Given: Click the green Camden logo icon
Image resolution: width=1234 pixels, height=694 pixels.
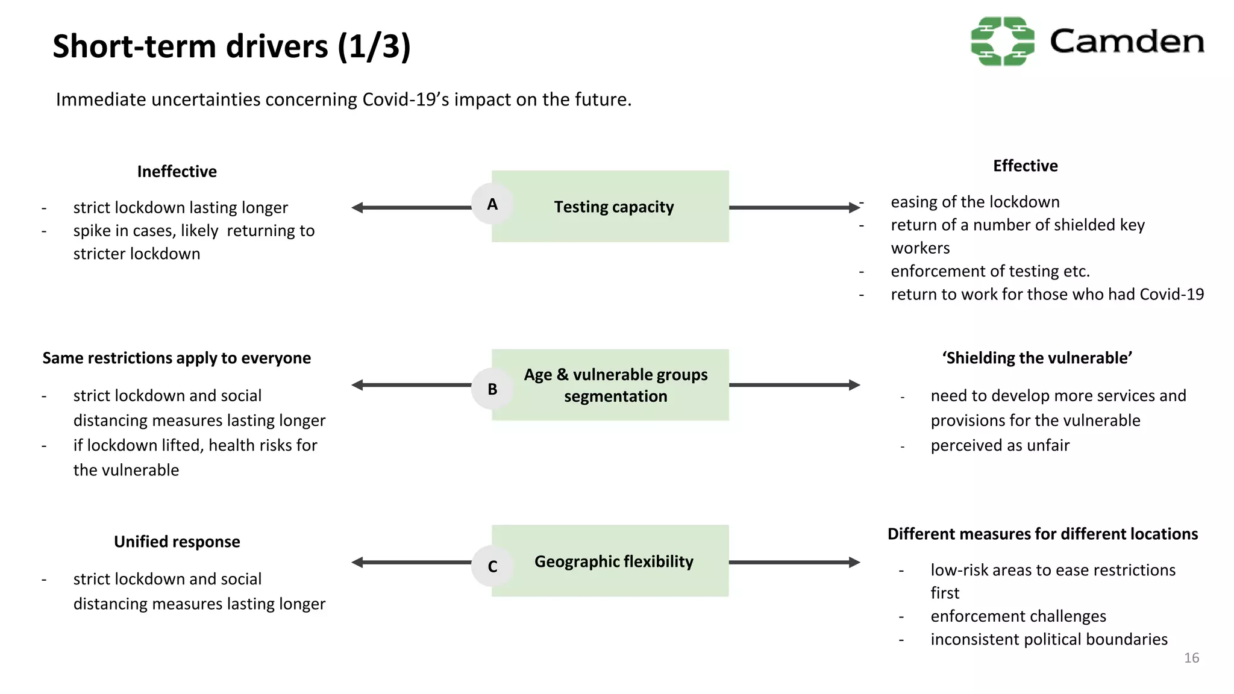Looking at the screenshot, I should pos(1003,41).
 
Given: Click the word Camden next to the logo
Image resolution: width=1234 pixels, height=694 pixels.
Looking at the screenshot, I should pos(1126,42).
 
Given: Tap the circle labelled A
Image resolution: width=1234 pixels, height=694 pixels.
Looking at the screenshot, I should pos(492,204).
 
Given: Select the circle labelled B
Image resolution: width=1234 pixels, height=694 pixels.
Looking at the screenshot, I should pos(492,389).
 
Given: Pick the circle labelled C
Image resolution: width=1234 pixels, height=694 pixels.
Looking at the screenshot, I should pos(492,566).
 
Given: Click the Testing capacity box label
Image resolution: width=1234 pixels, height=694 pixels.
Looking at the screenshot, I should pos(613,207).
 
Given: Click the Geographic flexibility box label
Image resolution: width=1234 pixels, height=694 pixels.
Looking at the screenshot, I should pos(613,561).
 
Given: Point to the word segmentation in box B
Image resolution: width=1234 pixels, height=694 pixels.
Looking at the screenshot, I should pos(615,396).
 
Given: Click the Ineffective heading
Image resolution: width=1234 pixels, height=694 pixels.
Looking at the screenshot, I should pos(177,172).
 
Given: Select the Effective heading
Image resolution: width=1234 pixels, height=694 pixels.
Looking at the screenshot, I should pos(1025,166).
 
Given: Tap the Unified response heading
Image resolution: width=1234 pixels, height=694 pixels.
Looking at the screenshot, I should pos(177,542).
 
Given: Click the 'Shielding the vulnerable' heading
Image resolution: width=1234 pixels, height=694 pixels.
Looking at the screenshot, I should pos(1037,358).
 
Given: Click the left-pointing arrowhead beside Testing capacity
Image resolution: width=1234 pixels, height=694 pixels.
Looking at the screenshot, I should pos(357,208).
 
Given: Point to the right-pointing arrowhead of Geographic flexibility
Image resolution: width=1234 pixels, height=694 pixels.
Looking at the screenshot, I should pos(854,562).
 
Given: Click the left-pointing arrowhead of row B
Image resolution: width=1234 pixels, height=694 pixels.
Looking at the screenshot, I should pos(357,385).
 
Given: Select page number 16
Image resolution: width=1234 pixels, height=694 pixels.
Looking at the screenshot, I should pos(1191,658).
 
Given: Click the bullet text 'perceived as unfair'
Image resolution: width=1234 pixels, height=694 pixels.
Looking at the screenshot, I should pos(1000,445).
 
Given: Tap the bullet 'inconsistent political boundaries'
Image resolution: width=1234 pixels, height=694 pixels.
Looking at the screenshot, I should pos(1048,639).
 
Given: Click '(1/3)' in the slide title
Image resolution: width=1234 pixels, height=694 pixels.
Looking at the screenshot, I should pos(374,46).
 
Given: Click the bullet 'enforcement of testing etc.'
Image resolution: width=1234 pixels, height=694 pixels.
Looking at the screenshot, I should pos(990,271).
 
